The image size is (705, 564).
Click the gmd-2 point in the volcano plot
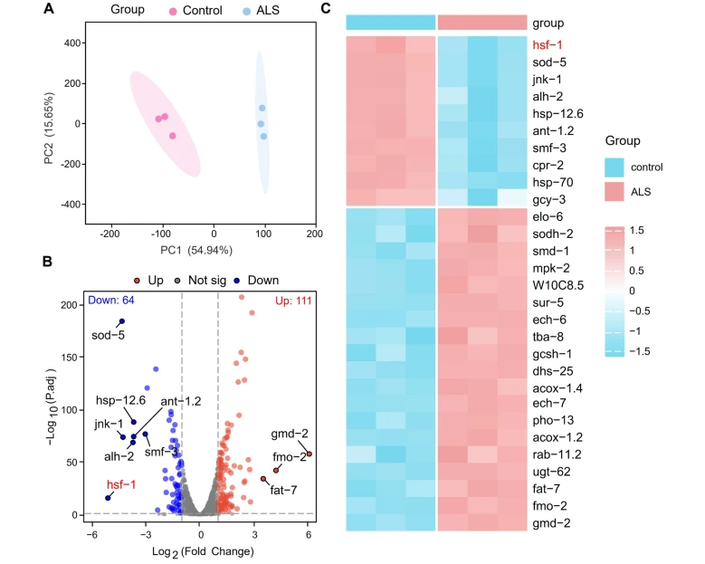point(309,454)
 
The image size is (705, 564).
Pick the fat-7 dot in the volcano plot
point(263,479)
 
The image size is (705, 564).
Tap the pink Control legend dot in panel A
point(173,12)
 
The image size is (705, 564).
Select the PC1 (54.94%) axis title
point(214,249)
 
